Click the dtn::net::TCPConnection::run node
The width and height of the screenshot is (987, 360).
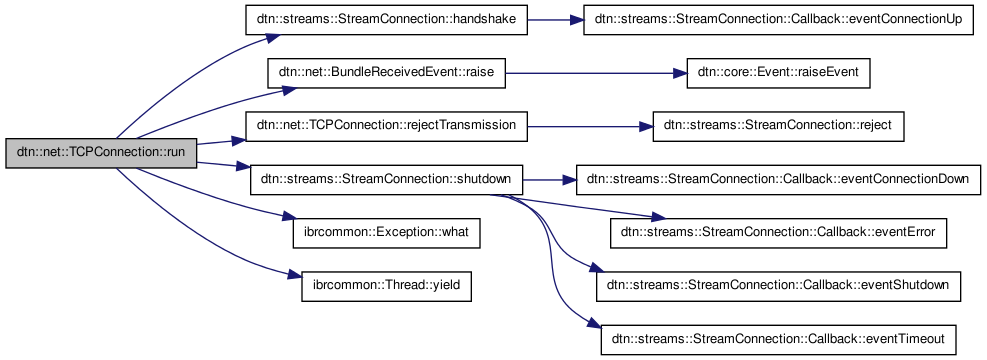101,153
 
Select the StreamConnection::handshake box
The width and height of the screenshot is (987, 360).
386,20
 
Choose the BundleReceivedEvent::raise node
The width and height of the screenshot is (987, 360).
386,73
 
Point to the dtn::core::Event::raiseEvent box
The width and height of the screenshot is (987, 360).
778,73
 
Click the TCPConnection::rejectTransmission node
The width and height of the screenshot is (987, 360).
386,127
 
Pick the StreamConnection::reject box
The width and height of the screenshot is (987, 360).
778,127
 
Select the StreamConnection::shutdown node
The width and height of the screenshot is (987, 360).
386,180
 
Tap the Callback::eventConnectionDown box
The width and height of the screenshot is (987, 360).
778,180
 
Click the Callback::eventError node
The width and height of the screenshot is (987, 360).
778,233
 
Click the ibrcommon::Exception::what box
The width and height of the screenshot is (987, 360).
386,233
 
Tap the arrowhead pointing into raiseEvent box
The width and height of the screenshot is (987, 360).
679,73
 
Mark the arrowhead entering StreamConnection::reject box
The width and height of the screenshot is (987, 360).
645,127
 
